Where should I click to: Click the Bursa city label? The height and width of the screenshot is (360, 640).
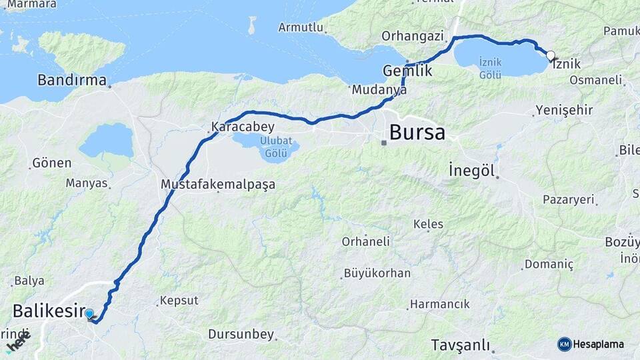click(417, 132)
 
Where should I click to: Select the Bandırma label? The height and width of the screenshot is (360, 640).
click(71, 81)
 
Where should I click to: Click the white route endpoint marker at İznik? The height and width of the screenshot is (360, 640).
click(551, 55)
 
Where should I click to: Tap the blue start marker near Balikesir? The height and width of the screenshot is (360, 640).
click(89, 313)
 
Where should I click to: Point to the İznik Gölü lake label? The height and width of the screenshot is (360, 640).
click(490, 68)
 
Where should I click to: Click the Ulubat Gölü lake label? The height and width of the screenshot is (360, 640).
click(275, 147)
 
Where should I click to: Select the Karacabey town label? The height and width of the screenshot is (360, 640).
click(242, 126)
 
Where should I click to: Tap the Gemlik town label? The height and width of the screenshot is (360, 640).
click(407, 71)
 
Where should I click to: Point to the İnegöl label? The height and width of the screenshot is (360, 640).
click(472, 171)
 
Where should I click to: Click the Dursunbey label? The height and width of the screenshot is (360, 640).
click(241, 333)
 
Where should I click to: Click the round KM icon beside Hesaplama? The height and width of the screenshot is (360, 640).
click(564, 344)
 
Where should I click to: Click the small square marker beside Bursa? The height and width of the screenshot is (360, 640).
click(383, 143)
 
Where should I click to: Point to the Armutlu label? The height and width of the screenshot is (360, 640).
click(300, 27)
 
